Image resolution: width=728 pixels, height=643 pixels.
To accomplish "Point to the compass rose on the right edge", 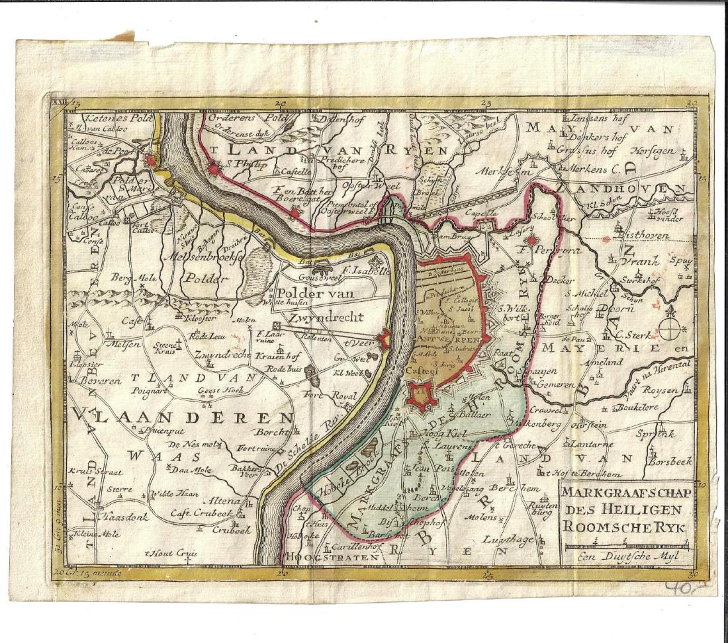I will pos(672,327).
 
